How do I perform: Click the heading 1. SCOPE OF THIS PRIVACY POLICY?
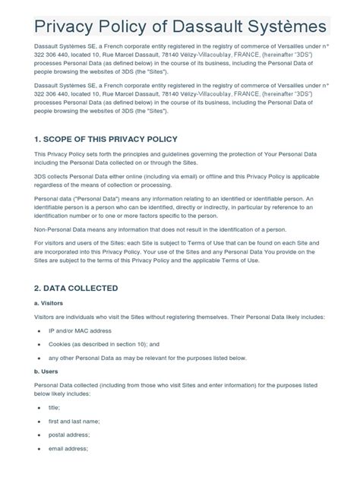click(106, 139)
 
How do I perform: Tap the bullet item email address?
click(68, 448)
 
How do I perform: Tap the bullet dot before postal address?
click(39, 435)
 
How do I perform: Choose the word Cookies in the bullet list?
click(62, 344)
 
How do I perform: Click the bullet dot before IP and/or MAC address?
click(39, 332)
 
